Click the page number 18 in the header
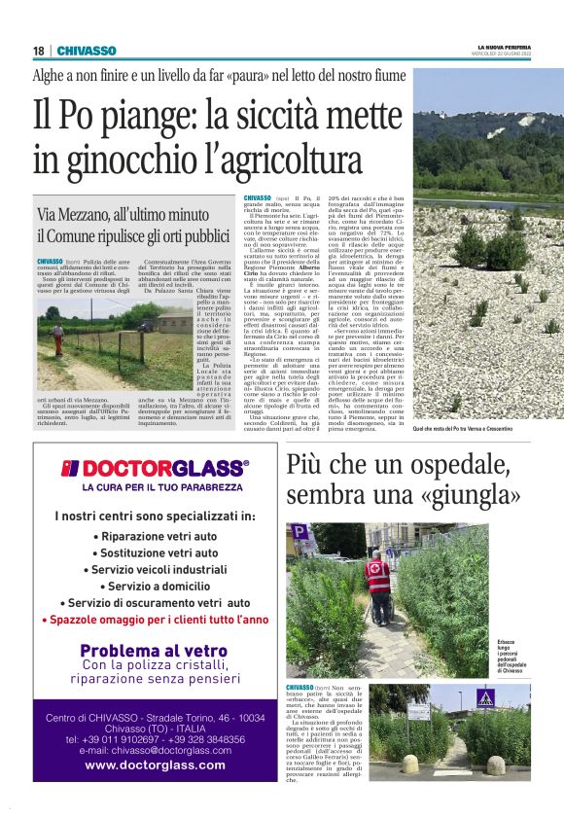pyautogui.click(x=39, y=51)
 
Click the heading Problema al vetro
pyautogui.click(x=155, y=651)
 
